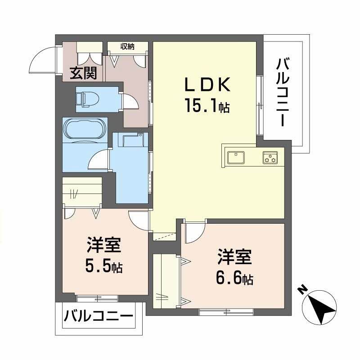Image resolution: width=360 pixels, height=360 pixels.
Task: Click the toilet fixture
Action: [84, 98]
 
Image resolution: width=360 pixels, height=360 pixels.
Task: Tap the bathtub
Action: [85, 130]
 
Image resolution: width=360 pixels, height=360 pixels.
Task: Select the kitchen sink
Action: [236, 157]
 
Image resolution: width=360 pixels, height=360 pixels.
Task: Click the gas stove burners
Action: [270, 157]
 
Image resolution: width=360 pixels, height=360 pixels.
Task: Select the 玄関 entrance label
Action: [84, 72]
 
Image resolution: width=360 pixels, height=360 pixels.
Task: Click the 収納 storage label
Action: [127, 46]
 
